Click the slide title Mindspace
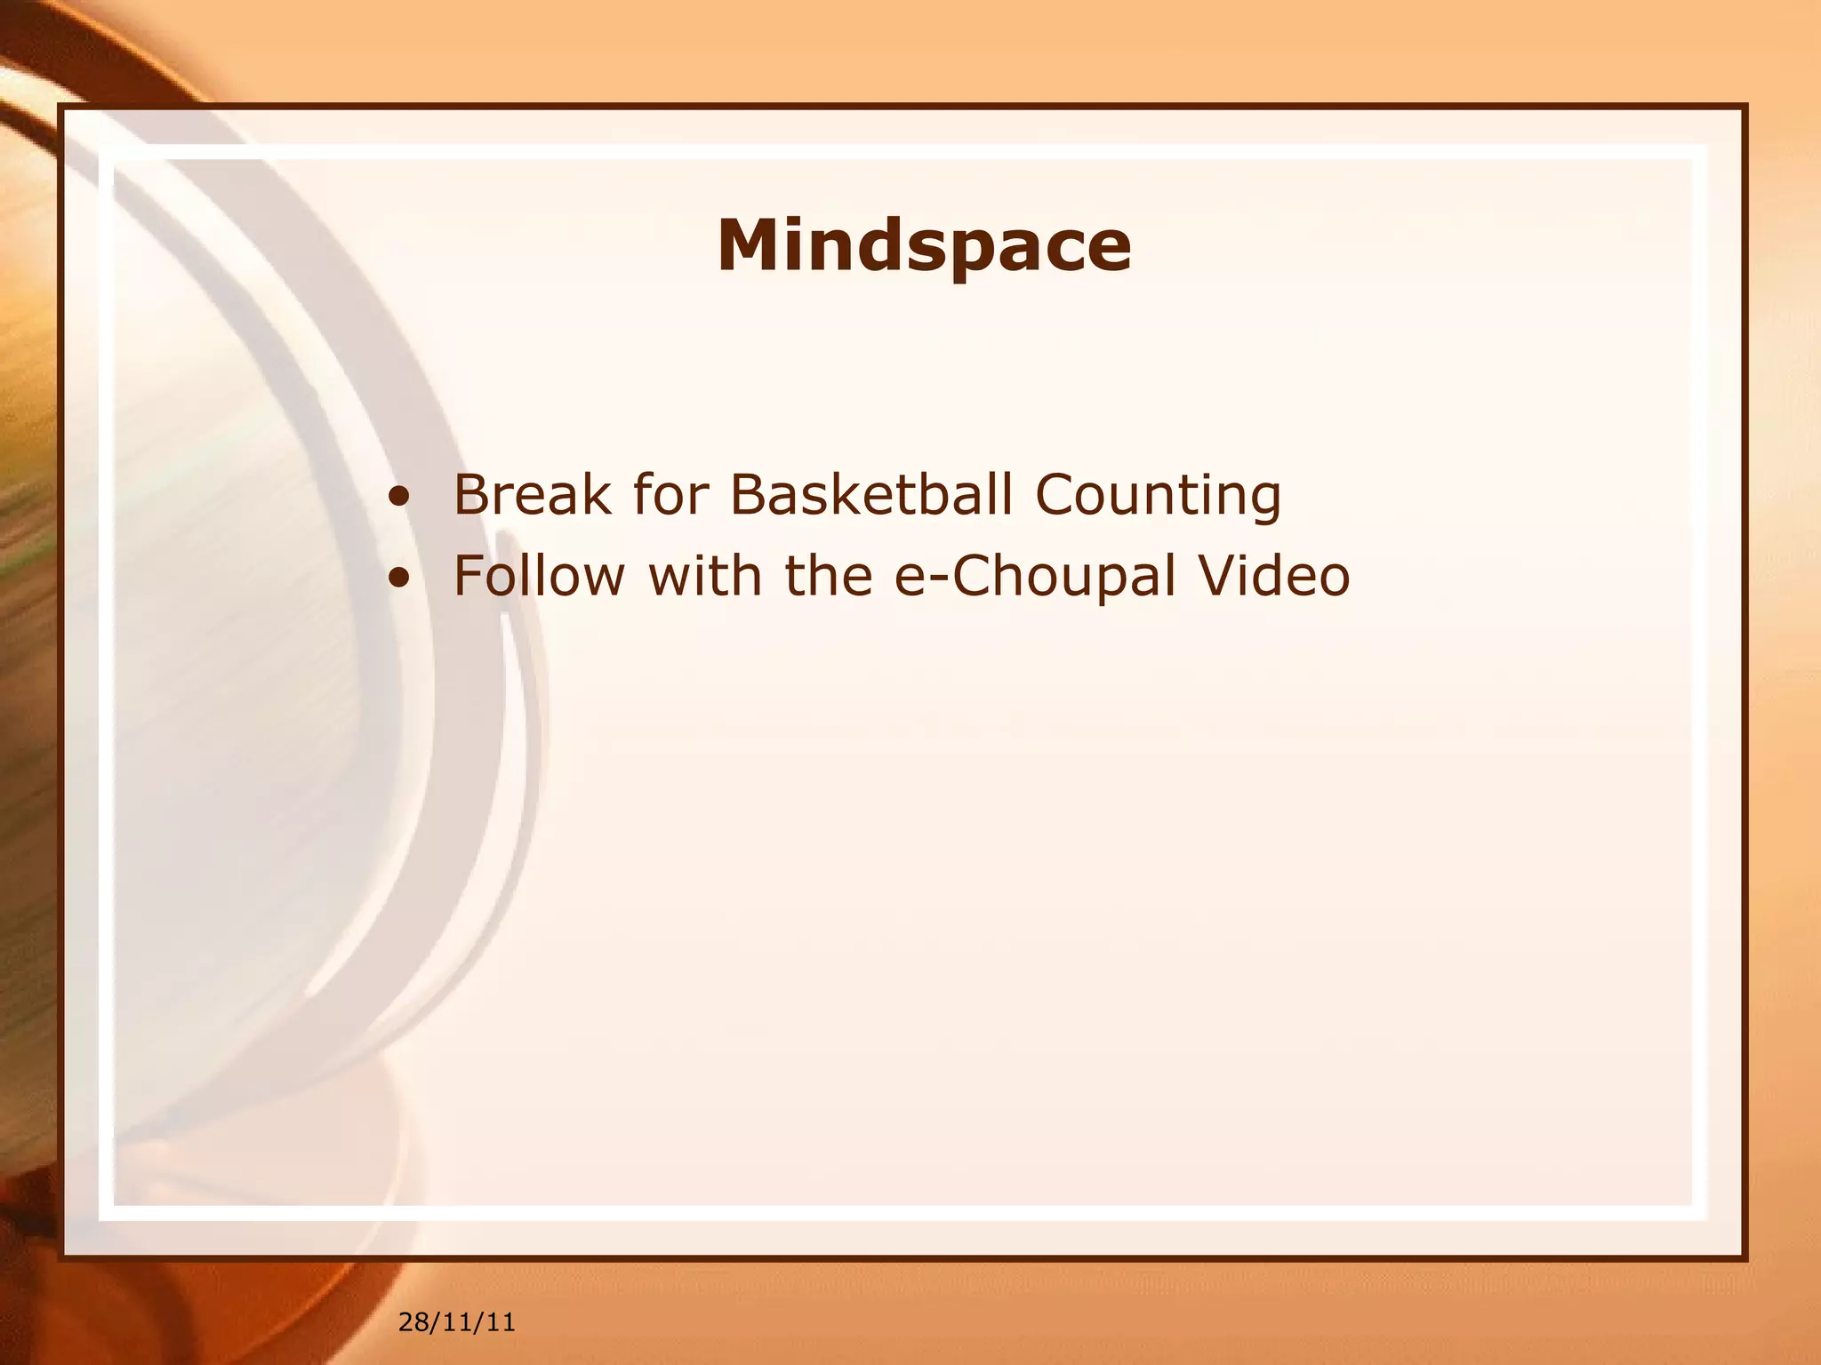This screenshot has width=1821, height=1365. tap(924, 245)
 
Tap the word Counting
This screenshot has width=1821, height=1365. tap(1158, 496)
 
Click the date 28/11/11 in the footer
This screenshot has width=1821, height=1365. tap(456, 1323)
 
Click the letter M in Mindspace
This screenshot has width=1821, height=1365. tap(751, 245)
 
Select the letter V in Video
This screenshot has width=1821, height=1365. tap(1222, 575)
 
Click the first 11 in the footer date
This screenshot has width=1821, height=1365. tap(456, 1323)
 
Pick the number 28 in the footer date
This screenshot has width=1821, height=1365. tap(413, 1323)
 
